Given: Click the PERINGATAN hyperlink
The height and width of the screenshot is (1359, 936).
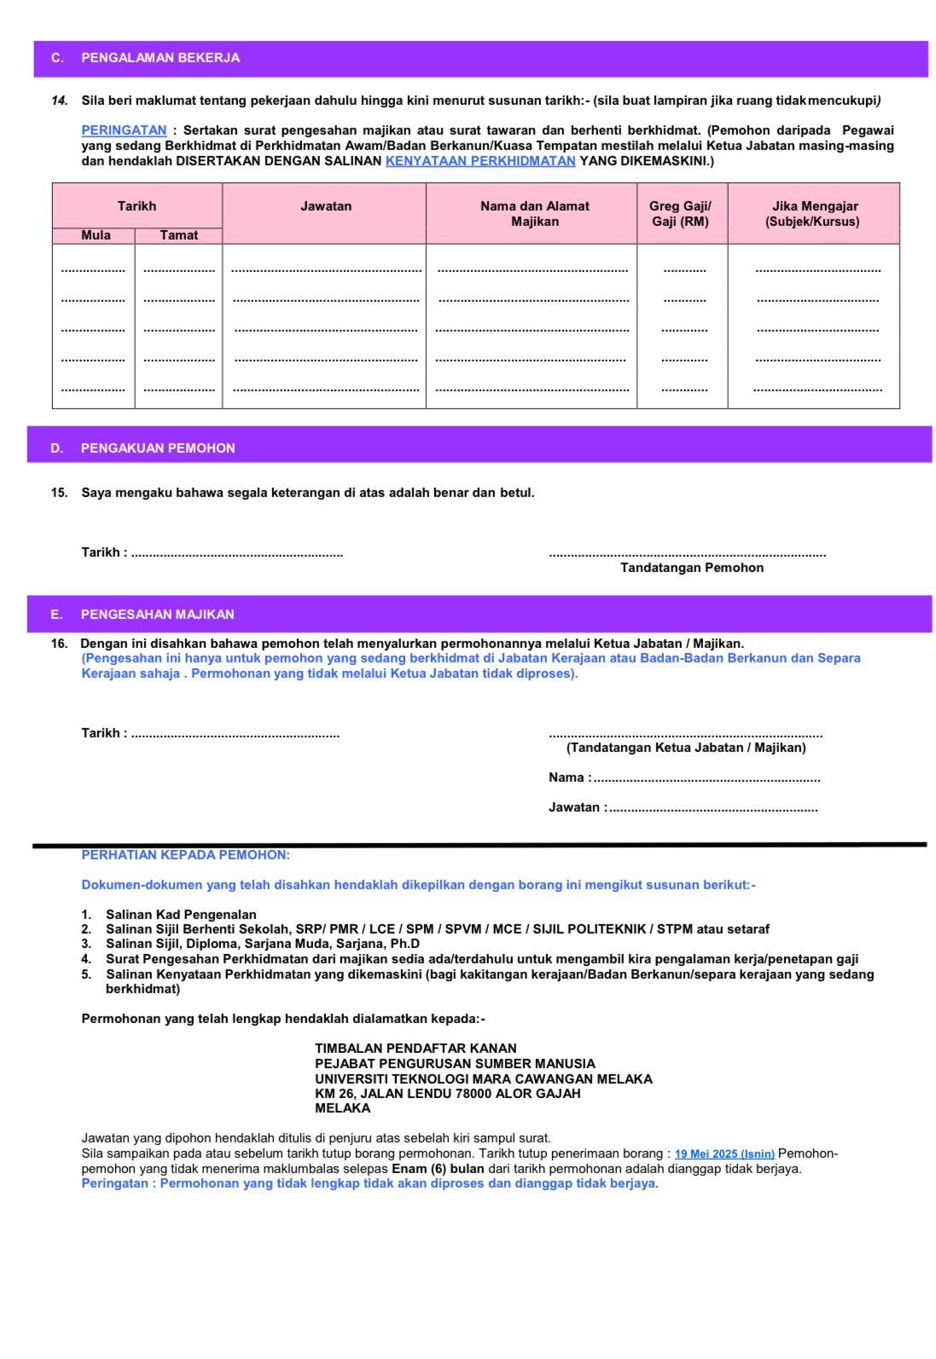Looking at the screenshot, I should (124, 130).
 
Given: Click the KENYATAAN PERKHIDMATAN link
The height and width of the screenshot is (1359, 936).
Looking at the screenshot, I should (480, 161).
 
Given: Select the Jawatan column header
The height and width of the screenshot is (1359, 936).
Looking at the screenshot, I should (326, 206).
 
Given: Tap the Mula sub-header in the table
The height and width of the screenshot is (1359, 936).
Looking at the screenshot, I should (96, 235).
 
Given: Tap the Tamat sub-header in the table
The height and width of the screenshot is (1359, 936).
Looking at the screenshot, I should (178, 235).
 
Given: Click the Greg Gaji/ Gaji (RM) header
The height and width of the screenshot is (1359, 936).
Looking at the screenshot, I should (680, 214).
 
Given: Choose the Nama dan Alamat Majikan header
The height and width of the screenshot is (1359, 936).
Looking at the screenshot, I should (534, 214).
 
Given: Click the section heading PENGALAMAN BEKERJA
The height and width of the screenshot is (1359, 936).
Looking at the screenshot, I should (160, 58).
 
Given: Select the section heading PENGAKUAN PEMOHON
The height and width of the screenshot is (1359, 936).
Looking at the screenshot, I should (158, 448).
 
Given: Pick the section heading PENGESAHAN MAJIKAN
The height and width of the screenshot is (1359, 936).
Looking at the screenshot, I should (157, 615).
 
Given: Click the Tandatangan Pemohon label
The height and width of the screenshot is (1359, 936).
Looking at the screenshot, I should (692, 568).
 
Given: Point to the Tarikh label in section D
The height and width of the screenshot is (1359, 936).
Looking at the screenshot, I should (103, 552).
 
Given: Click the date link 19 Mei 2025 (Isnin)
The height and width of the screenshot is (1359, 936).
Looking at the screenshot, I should (724, 1154).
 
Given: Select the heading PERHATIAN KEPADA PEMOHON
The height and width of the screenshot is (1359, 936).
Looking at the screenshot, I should (185, 855).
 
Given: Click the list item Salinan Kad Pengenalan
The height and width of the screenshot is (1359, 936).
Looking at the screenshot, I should (181, 915).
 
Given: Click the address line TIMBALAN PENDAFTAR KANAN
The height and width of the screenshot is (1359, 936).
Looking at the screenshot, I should (416, 1049).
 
